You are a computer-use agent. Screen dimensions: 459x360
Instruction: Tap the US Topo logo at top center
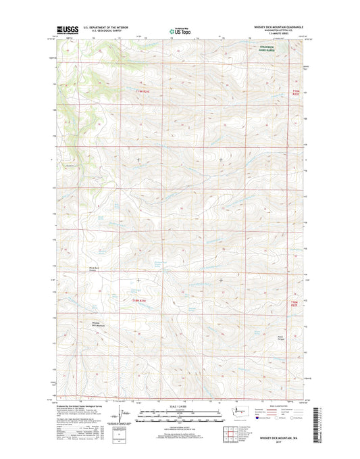point(180,30)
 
